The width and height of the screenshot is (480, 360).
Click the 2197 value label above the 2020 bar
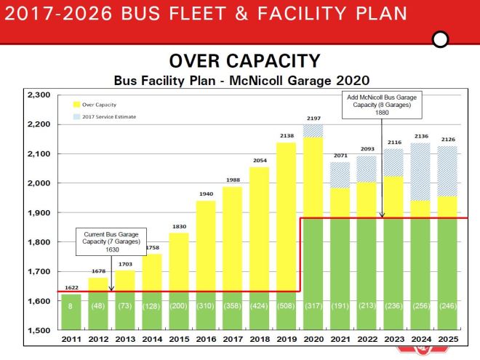click(x=313, y=118)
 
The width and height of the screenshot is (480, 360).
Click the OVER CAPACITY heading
click(x=244, y=61)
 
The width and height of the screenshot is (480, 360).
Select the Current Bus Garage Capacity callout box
click(x=112, y=240)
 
